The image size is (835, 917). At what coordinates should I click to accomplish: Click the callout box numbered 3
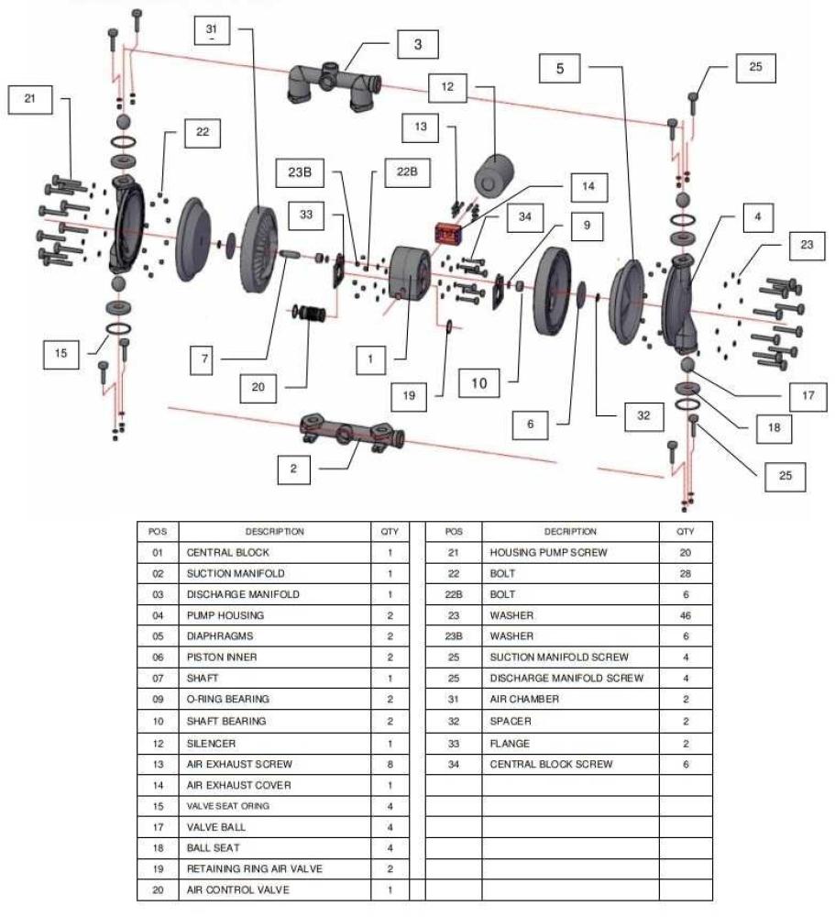tap(417, 43)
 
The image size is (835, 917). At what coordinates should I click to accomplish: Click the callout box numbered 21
tap(30, 100)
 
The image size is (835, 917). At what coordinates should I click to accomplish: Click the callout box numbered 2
tap(294, 469)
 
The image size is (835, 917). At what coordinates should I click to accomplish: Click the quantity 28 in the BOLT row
tap(685, 574)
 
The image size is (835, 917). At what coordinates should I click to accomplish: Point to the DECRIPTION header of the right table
tap(569, 531)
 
